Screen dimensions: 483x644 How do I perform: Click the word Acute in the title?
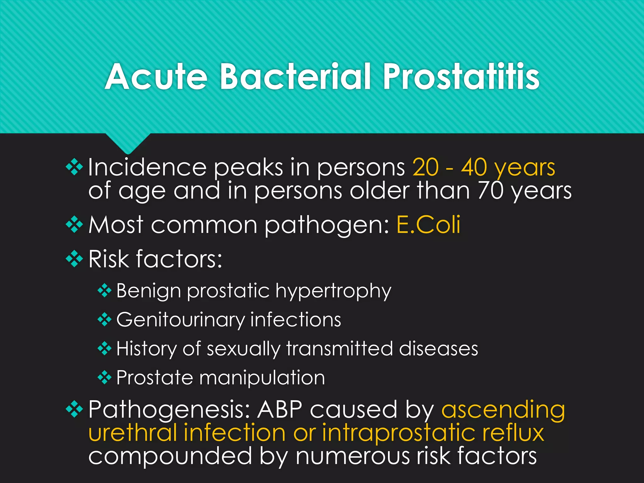click(x=156, y=77)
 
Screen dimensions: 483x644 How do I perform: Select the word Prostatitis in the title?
click(x=461, y=77)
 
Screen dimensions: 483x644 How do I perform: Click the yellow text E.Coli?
click(x=428, y=225)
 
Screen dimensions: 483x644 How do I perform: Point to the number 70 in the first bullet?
click(x=491, y=191)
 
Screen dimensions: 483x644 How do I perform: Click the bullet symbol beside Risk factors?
click(x=75, y=258)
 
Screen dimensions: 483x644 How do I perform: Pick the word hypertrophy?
click(x=333, y=291)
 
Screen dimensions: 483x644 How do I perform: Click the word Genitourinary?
click(x=180, y=320)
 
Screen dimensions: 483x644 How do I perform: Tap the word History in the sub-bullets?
click(x=146, y=349)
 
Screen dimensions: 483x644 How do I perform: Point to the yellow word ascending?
click(x=503, y=410)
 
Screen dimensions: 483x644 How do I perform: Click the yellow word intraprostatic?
click(x=398, y=433)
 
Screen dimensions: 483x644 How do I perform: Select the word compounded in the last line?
click(x=170, y=456)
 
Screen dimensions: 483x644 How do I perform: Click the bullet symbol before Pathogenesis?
click(x=75, y=408)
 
